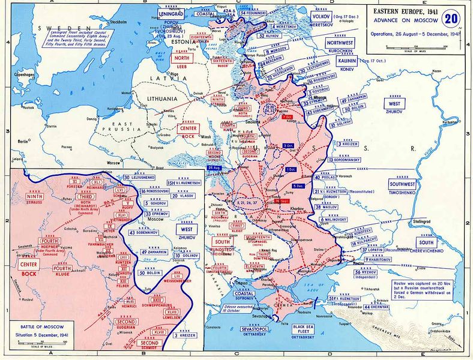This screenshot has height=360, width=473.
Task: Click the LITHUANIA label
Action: point(158,98)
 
